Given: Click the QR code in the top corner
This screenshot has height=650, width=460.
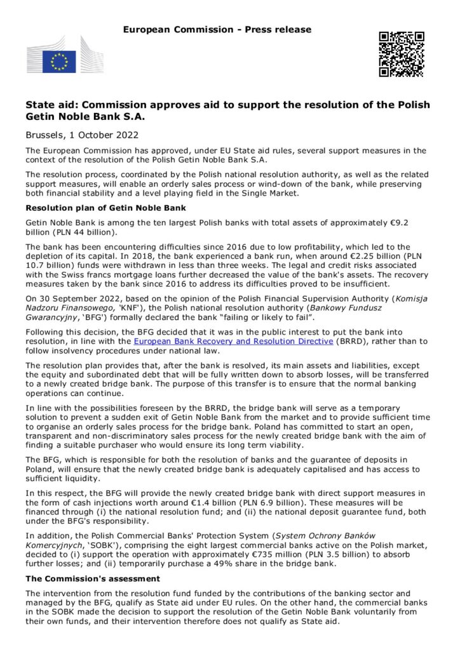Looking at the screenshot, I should tap(401, 54).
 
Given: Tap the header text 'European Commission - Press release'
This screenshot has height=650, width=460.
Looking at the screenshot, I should tap(217, 29).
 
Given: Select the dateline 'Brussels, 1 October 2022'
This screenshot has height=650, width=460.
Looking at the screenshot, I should tap(82, 135).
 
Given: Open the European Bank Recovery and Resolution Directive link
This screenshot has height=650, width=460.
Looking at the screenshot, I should tap(233, 342).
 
